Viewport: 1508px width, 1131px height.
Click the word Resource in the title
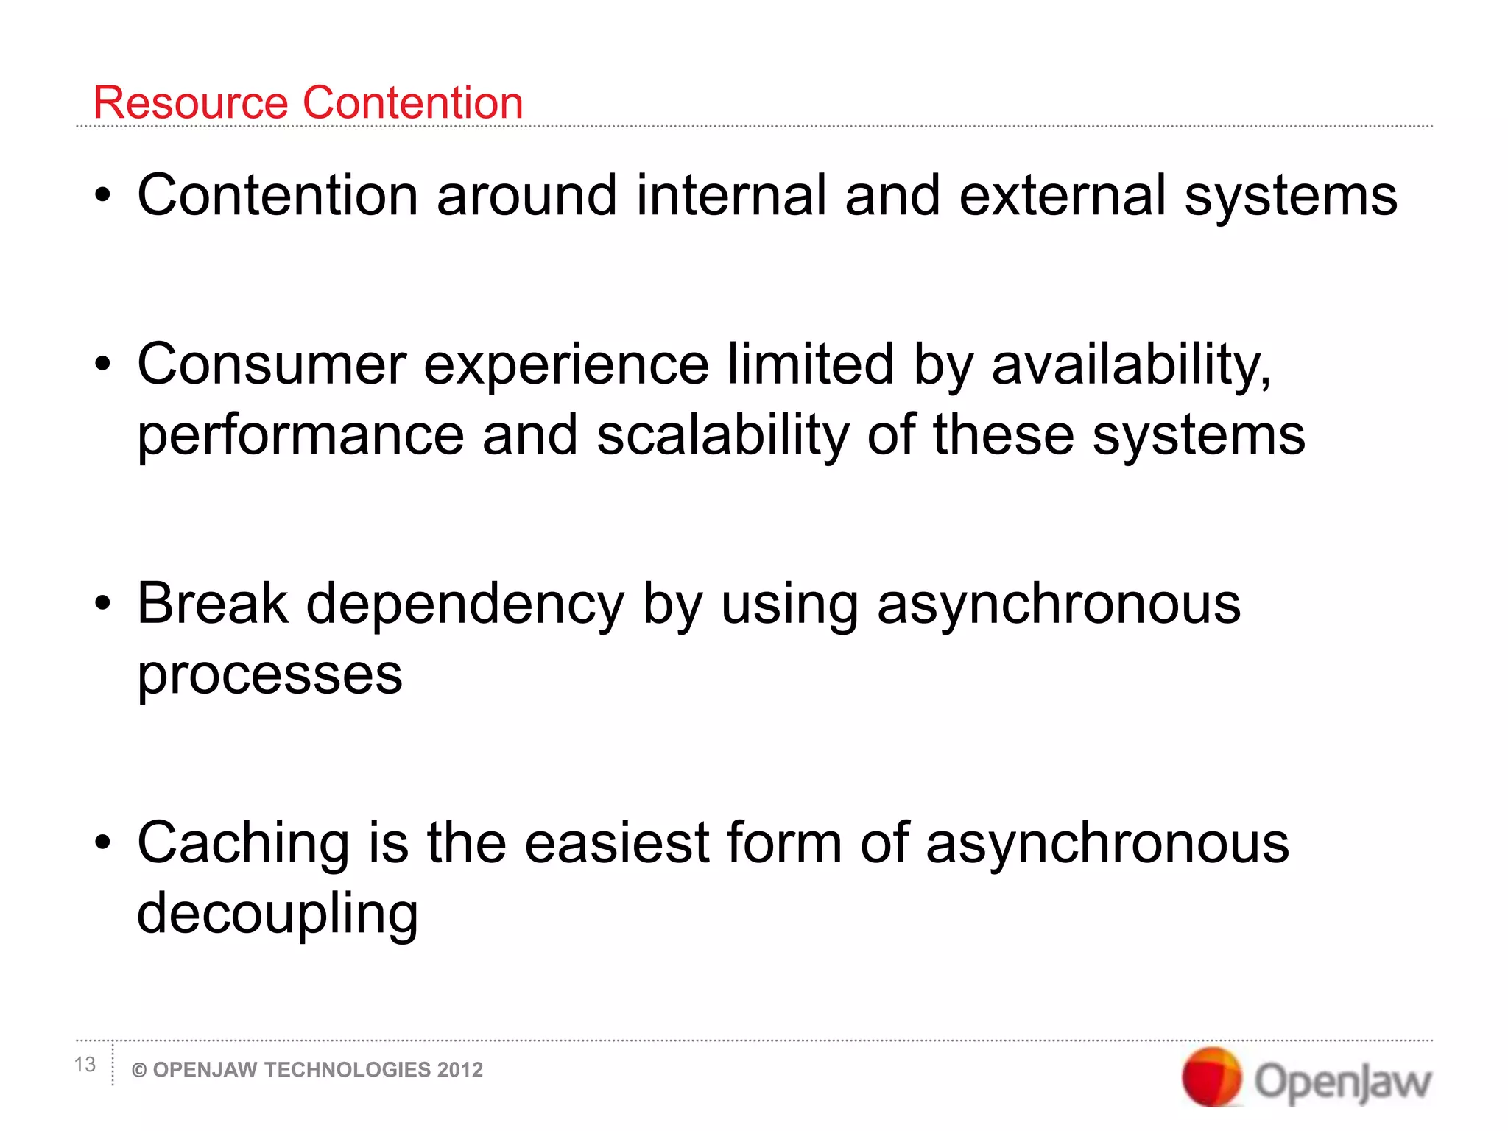190,102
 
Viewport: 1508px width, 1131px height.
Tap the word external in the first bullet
1062,195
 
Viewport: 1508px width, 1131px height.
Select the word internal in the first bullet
730,195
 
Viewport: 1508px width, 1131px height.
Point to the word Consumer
271,364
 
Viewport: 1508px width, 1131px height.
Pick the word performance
300,436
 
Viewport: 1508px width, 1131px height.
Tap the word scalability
722,436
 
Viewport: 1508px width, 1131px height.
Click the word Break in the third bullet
212,603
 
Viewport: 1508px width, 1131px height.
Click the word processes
269,676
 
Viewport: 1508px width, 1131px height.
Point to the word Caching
243,844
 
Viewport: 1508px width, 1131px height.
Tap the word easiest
616,842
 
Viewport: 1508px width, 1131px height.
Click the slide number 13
85,1065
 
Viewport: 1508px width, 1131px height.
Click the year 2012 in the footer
459,1070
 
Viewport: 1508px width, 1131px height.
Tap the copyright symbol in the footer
138,1071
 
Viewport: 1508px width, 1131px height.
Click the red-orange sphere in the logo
1211,1077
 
